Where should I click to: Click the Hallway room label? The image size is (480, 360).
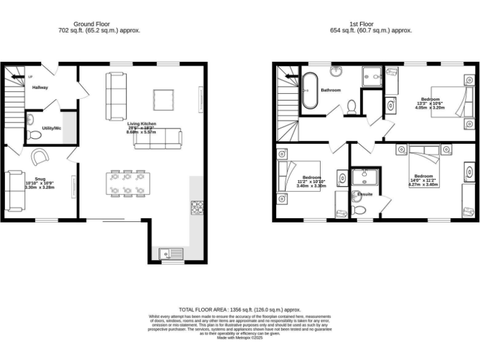click(x=40, y=87)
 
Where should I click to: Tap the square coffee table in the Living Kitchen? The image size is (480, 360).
click(x=164, y=99)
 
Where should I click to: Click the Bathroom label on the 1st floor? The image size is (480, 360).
click(x=331, y=90)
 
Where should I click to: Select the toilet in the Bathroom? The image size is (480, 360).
click(x=352, y=107)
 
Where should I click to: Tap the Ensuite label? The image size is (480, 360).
click(x=365, y=194)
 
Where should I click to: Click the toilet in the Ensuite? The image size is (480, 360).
click(x=360, y=206)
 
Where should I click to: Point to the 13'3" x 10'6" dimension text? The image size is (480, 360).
click(x=429, y=103)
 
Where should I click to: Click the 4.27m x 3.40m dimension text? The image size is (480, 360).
click(x=423, y=184)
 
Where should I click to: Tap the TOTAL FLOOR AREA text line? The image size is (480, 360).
click(x=240, y=309)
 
